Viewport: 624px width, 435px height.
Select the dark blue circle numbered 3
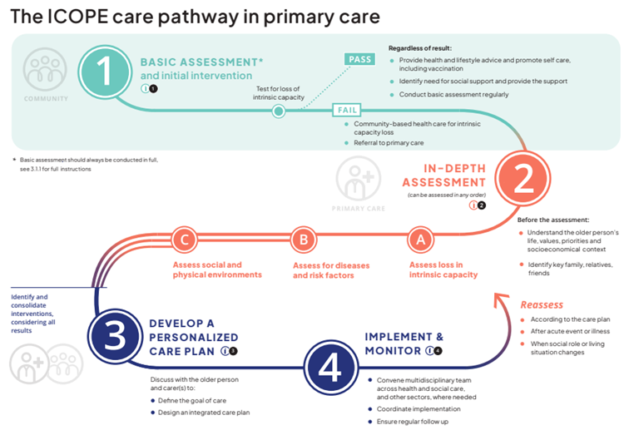click(x=116, y=335)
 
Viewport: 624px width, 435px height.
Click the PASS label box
click(x=359, y=59)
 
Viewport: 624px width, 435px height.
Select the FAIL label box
click(x=347, y=110)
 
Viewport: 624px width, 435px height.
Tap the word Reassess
click(x=542, y=304)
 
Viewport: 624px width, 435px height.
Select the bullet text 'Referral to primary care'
click(x=385, y=143)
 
